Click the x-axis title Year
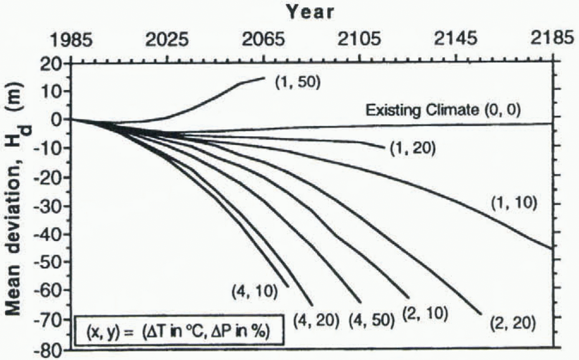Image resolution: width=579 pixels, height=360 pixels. click(x=310, y=12)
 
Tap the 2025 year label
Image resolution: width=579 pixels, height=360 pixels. click(x=167, y=41)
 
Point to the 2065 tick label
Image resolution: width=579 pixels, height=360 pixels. click(x=263, y=41)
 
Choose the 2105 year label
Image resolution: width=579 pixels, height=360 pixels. click(x=359, y=41)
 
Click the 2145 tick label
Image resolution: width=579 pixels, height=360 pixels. click(x=455, y=41)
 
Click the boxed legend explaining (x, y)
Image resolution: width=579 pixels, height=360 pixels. click(x=179, y=331)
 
